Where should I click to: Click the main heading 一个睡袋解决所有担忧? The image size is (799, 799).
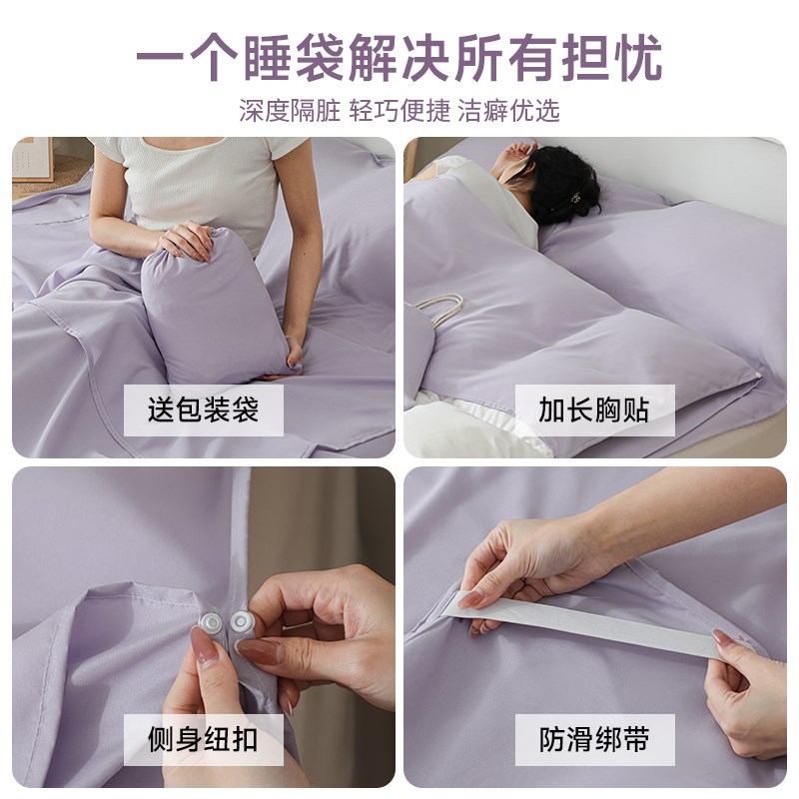click(x=399, y=58)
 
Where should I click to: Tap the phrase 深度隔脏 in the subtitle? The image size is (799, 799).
click(x=290, y=110)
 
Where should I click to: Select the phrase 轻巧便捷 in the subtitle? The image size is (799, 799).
click(x=399, y=110)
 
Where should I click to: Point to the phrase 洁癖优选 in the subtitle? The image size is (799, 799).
click(x=508, y=110)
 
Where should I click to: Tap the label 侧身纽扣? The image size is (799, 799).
click(x=203, y=740)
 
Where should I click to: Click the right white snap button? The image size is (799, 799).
click(x=241, y=624)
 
